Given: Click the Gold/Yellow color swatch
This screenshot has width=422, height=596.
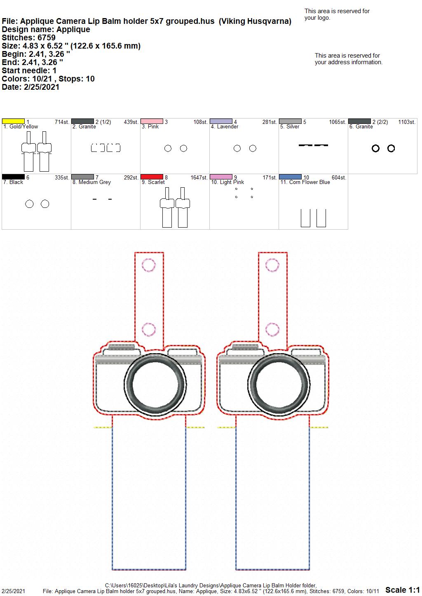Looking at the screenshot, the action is coord(13,121).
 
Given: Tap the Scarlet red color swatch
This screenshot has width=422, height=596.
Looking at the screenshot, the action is coord(152,177).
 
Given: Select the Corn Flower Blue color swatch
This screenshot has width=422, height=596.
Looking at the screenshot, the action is coord(291,177).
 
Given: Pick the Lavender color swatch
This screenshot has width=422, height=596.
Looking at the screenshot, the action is coord(221,121).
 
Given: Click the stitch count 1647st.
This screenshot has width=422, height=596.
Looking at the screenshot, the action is coord(199,177).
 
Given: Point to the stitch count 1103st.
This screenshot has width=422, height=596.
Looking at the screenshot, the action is coord(407,122).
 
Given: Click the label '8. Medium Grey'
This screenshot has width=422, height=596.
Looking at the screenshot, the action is coord(91,182).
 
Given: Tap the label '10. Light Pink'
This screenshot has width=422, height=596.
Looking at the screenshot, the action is coord(227,182).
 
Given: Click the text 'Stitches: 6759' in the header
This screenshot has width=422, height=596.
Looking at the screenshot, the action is coord(29,37).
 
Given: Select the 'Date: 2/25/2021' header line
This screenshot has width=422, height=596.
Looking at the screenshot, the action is coord(30,87).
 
